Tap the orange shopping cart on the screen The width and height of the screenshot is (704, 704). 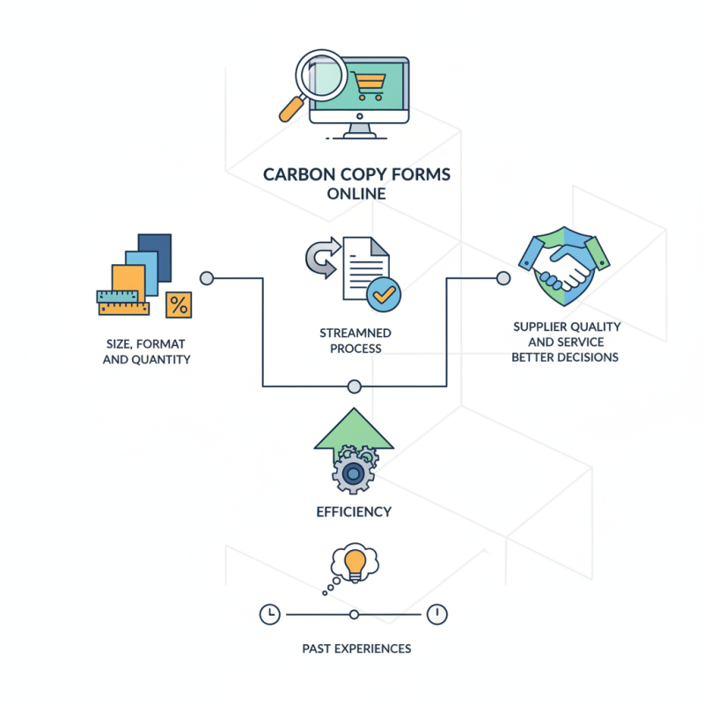click(x=370, y=86)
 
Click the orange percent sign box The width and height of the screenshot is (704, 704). click(x=179, y=304)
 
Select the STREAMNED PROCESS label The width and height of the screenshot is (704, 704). click(x=356, y=341)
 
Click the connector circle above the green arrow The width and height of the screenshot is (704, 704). click(x=355, y=385)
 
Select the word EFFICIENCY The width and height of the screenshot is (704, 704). click(x=354, y=512)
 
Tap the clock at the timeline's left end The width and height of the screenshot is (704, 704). click(x=269, y=613)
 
